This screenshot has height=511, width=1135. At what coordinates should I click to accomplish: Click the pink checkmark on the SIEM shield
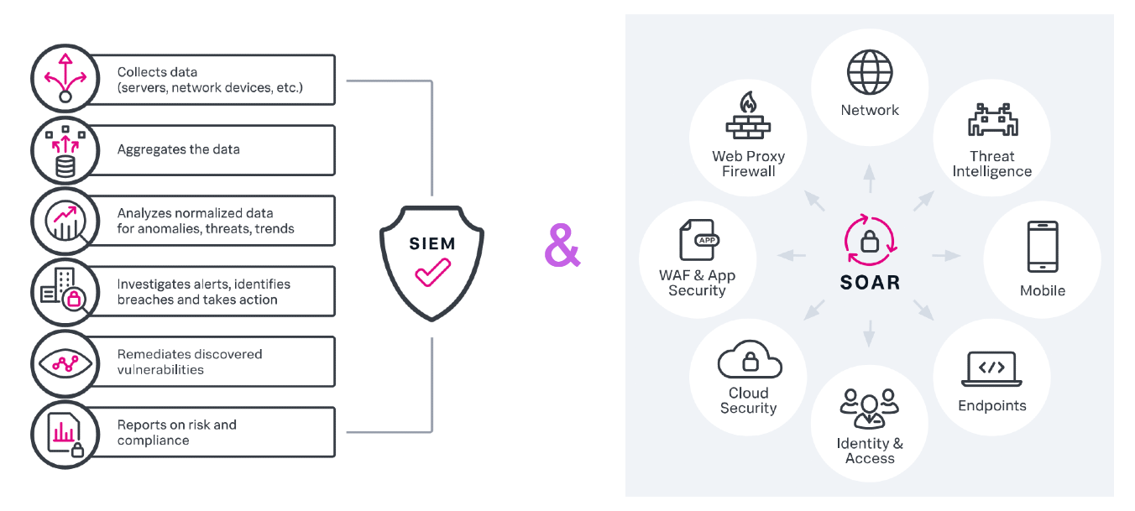pos(433,274)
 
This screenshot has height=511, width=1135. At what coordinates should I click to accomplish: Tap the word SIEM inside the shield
pos(432,244)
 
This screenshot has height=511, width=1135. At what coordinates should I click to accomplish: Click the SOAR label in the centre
pos(870,283)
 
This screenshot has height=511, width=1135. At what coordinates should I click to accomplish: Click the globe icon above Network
pos(870,73)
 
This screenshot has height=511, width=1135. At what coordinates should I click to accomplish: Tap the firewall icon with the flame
pos(748,117)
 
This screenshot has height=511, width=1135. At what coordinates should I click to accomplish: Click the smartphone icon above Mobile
pos(1042,248)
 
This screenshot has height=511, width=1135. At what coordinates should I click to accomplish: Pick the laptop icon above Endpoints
pos(991,369)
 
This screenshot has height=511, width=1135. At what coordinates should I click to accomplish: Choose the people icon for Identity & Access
pos(870,409)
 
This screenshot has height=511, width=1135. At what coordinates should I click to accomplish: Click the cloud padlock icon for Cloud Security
pos(749,361)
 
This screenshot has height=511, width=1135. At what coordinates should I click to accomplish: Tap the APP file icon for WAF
pos(698,241)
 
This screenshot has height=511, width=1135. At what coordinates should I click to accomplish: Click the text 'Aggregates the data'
pos(178,149)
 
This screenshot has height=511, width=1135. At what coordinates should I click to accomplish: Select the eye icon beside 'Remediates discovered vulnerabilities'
pos(65,362)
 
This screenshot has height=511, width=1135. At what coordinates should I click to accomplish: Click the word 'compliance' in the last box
pos(154,441)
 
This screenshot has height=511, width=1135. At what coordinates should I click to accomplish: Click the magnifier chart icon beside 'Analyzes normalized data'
pos(65,222)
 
